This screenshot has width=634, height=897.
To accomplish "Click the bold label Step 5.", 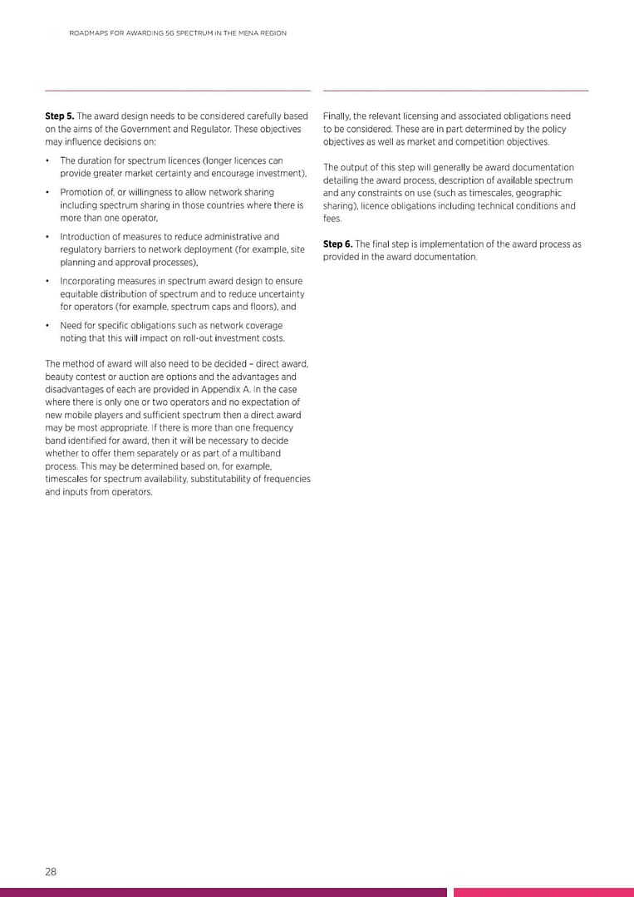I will [59, 116].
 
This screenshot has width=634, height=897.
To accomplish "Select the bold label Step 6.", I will [337, 244].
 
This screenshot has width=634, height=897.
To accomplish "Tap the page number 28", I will [51, 871].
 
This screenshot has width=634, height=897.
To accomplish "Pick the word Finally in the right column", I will [337, 116].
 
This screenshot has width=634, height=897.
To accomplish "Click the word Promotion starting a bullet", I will [81, 193].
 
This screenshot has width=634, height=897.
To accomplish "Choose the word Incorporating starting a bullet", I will [86, 281].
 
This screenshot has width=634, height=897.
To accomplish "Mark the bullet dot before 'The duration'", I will [48, 160].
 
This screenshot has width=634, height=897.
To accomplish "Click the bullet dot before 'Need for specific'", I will [48, 326].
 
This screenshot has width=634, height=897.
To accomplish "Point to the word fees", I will [332, 219].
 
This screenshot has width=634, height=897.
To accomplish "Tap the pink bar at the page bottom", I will [543, 892].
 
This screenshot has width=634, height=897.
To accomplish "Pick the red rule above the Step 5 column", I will [177, 90].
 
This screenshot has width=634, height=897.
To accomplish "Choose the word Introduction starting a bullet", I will [85, 237].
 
